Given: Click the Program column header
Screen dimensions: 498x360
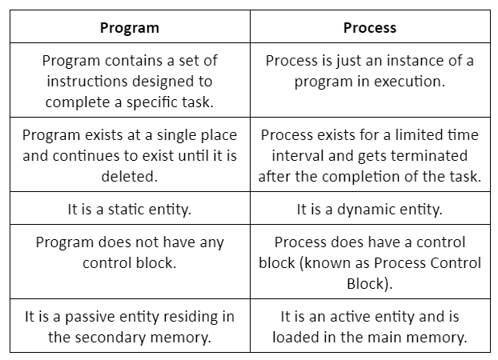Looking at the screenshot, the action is click(130, 28).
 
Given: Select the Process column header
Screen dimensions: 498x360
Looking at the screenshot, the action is click(370, 28).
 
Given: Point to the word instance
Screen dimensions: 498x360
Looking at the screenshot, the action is click(416, 60).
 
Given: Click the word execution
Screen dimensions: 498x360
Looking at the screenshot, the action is click(409, 82).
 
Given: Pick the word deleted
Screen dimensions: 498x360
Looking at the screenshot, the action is click(130, 176).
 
